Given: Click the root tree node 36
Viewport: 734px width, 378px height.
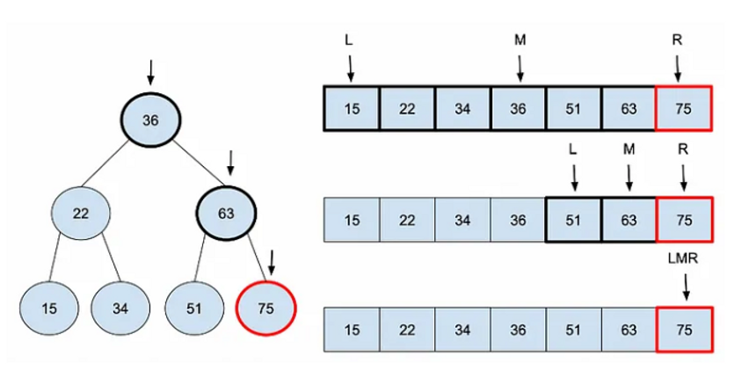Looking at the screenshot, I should (150, 120).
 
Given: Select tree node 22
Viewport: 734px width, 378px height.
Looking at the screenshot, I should (81, 212).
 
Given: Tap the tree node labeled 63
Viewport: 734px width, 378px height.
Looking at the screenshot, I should (225, 212).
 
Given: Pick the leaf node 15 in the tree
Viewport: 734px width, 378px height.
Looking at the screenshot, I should (49, 309).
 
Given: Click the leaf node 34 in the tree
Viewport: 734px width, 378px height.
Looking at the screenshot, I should (121, 309).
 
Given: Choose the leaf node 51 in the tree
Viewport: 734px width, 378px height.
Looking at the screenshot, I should (195, 309).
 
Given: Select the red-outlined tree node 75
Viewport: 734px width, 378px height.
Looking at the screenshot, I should (267, 309).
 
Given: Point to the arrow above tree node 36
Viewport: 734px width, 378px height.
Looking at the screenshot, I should (150, 72).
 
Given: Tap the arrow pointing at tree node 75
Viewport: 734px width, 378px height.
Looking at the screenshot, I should (272, 260).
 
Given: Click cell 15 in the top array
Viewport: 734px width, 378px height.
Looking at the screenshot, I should (352, 109).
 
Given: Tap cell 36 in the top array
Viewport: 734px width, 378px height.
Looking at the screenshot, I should (519, 109).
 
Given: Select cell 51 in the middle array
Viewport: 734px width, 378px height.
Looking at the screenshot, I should (573, 220).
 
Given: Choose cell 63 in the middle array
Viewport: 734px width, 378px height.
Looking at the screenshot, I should (629, 220).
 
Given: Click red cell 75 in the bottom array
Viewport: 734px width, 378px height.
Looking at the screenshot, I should (683, 330).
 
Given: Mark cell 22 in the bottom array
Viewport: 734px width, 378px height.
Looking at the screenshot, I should (407, 330).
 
